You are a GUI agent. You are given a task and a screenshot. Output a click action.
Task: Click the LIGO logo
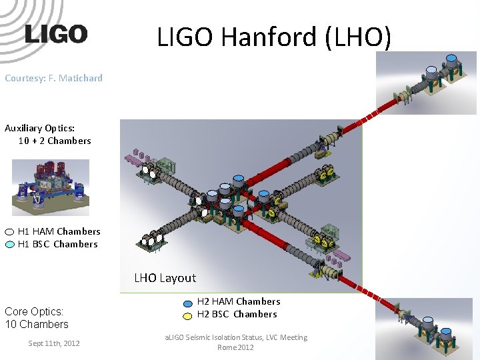click(56, 34)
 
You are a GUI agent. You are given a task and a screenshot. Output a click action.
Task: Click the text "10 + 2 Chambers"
click(55, 141)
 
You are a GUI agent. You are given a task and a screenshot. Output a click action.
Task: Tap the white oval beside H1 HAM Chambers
click(9, 232)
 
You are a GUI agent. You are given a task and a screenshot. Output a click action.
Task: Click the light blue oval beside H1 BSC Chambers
click(9, 245)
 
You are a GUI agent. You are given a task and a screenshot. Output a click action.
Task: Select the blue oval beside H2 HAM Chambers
click(188, 302)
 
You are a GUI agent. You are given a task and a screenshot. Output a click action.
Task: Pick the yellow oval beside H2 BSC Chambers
click(188, 315)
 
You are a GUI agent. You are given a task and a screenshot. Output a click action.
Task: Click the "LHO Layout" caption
click(165, 278)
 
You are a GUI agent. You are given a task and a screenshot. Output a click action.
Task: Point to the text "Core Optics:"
click(34, 311)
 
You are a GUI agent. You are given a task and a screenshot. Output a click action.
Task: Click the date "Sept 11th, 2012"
click(53, 343)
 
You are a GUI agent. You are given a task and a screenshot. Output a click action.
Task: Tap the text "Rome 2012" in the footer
click(235, 347)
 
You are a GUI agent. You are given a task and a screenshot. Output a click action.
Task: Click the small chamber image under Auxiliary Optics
click(51, 187)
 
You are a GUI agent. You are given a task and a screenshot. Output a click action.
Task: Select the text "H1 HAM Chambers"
click(59, 231)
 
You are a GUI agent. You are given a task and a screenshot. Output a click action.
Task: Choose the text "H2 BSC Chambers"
click(237, 314)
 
